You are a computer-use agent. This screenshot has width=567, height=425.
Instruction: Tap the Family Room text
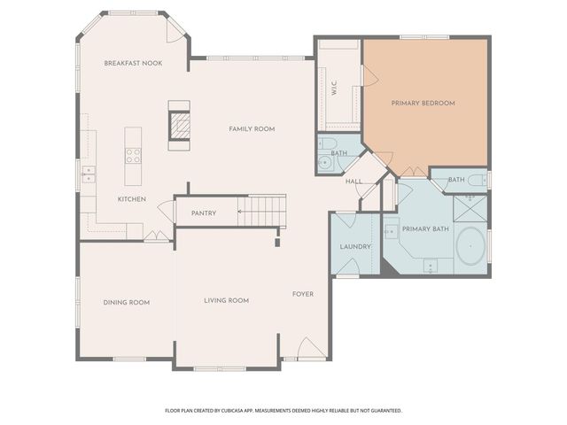click(x=252, y=129)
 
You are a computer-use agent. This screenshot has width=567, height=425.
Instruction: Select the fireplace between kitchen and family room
click(x=180, y=123)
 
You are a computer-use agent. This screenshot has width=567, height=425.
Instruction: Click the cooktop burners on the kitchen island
click(x=133, y=155)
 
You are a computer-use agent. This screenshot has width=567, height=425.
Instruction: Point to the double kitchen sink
click(x=88, y=173)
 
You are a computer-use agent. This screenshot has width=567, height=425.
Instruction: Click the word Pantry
click(x=204, y=213)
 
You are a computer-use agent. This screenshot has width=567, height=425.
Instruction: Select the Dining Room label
click(x=126, y=303)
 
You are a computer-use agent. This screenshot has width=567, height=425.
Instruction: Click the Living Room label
click(x=226, y=301)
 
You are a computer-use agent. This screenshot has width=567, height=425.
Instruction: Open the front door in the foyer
click(x=310, y=349)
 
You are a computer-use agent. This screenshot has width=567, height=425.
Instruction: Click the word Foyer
click(x=302, y=294)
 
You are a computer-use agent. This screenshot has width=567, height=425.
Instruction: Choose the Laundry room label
click(x=354, y=246)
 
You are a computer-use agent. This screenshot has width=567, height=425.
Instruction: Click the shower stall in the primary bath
click(x=470, y=209)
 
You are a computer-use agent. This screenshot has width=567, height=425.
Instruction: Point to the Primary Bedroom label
click(x=423, y=104)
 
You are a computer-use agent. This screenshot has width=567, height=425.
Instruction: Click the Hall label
click(x=353, y=182)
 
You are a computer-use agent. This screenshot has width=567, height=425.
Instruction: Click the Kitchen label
click(x=132, y=199)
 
